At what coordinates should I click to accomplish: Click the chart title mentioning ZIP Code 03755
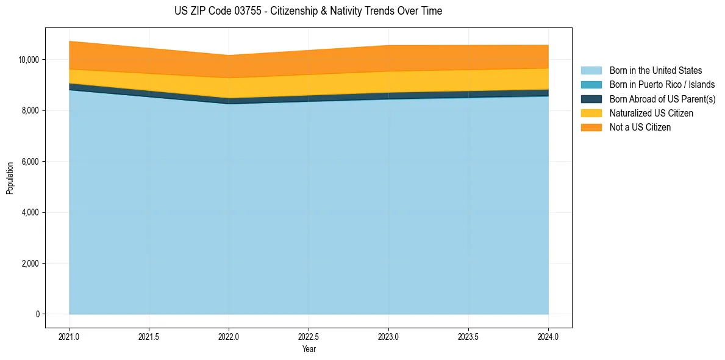tap(308, 11)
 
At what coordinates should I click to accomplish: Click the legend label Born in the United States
tap(655, 71)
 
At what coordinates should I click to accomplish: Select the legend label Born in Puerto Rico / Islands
tap(662, 85)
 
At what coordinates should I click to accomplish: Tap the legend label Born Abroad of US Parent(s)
tap(662, 99)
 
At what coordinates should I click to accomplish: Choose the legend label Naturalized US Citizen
tap(651, 113)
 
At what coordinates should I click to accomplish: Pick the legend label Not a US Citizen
tap(640, 128)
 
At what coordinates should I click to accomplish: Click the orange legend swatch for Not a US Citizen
tap(591, 128)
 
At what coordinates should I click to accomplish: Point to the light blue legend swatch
tap(591, 71)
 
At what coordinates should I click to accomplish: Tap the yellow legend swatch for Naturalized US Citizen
tap(591, 113)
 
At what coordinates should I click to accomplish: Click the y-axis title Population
tap(10, 178)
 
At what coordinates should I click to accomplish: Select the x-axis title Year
tap(309, 350)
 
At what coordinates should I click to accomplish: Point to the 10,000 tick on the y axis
tap(29, 60)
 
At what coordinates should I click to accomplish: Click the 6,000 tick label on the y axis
tap(30, 162)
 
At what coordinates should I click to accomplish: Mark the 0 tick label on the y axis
tap(38, 314)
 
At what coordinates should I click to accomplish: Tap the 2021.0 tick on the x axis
tap(70, 336)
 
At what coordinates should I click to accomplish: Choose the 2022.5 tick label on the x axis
tap(309, 336)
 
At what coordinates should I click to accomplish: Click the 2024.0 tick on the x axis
tap(548, 336)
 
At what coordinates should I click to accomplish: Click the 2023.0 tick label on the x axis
tap(388, 336)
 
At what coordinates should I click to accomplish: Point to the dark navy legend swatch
tap(591, 99)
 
